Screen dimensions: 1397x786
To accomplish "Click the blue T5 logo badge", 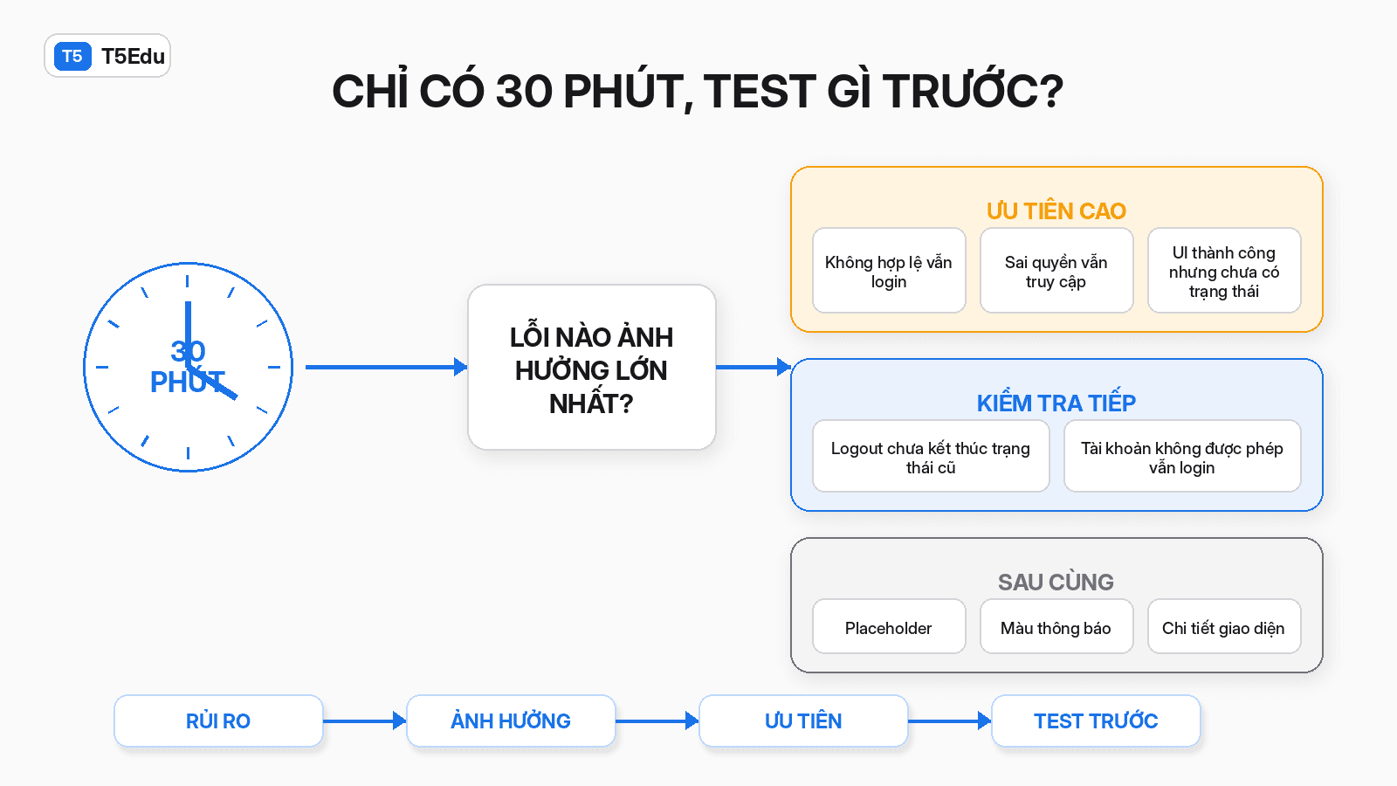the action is pos(72,56).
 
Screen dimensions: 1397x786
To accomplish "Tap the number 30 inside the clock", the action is pos(188,351).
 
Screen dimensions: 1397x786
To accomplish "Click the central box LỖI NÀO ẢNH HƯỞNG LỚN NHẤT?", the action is pos(591,368).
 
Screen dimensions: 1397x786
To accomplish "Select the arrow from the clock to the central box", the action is pos(386,367).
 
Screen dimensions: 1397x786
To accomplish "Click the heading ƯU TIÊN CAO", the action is pos(1056,210).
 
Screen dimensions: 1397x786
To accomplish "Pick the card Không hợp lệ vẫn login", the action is pos(889,270).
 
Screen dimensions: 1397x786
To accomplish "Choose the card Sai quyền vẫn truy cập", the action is pos(1056,270).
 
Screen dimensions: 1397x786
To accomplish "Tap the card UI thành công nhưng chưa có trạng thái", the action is pos(1224,270).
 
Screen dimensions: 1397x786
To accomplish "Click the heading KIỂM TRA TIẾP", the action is pos(1056,403).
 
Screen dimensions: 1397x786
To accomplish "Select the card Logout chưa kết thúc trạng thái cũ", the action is pos(931,456).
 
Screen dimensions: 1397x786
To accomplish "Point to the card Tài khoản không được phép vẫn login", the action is pos(1182,456).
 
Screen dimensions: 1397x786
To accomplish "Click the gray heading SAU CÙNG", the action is pos(1056,582).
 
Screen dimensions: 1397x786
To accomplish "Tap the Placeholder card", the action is pos(889,626).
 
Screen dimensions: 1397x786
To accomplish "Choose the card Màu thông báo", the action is pos(1056,626).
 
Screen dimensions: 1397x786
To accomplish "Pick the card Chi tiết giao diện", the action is pos(1224,626).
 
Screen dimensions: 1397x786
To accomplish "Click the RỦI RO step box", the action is pos(218,720).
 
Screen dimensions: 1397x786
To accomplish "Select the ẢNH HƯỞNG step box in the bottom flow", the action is pos(511,720).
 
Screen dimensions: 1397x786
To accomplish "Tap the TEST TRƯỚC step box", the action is pos(1096,720).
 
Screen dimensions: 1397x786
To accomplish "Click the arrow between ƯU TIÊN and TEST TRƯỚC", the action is pos(950,721).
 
